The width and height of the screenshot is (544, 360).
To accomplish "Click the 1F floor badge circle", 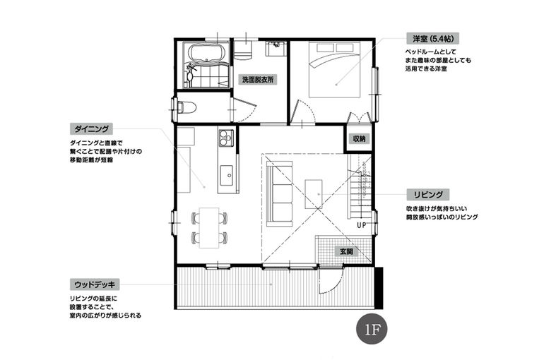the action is click(x=372, y=330).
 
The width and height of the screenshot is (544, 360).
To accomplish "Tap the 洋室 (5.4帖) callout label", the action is click(x=433, y=38).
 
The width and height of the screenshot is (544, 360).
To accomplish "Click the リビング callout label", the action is click(x=428, y=194).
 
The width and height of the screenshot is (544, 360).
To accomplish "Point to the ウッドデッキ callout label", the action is click(x=95, y=284).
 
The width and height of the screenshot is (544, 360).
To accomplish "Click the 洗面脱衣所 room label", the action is click(x=258, y=80).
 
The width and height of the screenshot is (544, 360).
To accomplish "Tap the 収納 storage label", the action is click(x=359, y=139).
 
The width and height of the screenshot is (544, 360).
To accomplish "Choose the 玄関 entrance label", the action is click(x=346, y=251).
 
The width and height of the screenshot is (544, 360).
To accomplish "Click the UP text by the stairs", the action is click(x=361, y=225).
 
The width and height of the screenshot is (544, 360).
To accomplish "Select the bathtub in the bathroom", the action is click(x=207, y=54).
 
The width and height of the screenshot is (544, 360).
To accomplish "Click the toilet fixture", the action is click(x=187, y=107).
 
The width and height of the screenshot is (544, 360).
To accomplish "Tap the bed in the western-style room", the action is click(x=335, y=69).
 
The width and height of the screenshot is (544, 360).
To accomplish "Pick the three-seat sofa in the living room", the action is click(x=280, y=193).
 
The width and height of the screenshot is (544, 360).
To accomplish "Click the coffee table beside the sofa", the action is click(x=313, y=194).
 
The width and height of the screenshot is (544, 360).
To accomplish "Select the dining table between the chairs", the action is click(x=209, y=227).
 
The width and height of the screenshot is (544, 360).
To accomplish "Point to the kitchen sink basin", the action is click(x=227, y=175).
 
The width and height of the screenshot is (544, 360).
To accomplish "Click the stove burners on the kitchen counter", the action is click(x=226, y=137).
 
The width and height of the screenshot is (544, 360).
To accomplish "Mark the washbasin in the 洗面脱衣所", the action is click(x=276, y=49).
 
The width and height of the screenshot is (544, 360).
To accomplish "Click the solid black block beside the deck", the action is click(x=379, y=287).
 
